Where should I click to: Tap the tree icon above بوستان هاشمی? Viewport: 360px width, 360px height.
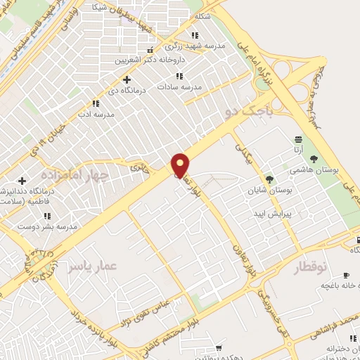pyautogui.click(x=314, y=158)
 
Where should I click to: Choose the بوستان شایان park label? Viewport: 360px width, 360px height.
pyautogui.click(x=263, y=190)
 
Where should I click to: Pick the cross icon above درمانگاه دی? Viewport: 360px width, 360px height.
pyautogui.click(x=127, y=79)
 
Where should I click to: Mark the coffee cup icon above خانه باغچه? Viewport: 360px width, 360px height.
pyautogui.click(x=345, y=275)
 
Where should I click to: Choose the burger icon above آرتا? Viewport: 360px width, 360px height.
pyautogui.click(x=299, y=140)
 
